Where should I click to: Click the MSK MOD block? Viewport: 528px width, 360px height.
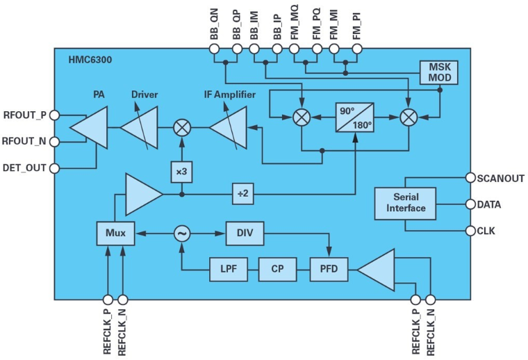click(439, 72)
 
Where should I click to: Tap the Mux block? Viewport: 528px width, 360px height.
click(115, 234)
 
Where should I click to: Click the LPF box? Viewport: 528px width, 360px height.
click(228, 268)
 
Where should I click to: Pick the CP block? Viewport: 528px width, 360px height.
click(277, 268)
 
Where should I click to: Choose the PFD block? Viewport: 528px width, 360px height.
click(329, 268)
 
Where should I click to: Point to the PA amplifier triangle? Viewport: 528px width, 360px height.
click(89, 128)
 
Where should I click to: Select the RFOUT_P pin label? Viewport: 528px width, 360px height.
click(25, 115)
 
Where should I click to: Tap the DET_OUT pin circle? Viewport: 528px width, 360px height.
click(55, 167)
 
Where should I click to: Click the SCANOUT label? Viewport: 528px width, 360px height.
click(500, 178)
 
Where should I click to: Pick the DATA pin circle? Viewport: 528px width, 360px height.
click(470, 205)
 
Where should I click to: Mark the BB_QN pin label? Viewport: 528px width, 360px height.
click(214, 25)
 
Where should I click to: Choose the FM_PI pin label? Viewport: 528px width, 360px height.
click(357, 25)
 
